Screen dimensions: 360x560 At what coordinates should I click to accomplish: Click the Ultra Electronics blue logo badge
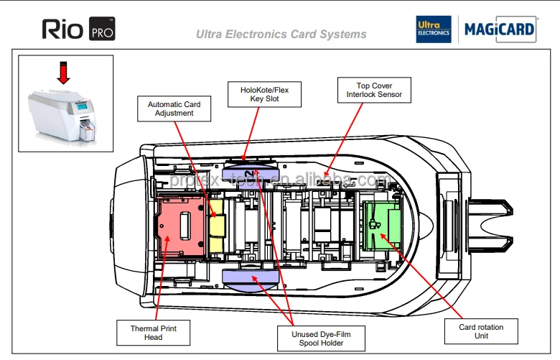(434, 29)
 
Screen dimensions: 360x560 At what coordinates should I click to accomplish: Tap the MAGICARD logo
(500, 29)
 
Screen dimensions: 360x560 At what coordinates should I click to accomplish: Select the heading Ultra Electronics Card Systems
(281, 34)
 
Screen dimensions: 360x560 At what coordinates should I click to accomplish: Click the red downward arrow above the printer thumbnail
(64, 73)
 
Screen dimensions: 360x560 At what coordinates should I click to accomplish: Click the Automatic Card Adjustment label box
(174, 109)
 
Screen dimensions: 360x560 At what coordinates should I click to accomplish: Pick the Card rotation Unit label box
(481, 332)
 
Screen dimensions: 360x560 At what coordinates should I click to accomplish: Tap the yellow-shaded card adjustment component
(216, 227)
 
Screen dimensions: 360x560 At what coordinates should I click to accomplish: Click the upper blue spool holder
(249, 173)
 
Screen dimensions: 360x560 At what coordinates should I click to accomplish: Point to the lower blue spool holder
(249, 277)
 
